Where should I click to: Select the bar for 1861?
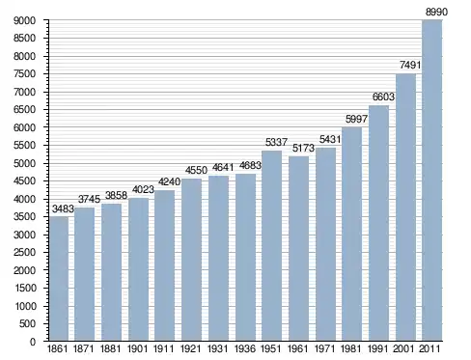tap(59, 279)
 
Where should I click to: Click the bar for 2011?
tap(432, 180)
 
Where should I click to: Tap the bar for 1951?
tap(271, 246)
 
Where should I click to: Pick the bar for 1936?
tap(245, 258)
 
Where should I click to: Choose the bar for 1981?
tap(351, 234)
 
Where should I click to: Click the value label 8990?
tap(436, 12)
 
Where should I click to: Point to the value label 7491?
tap(410, 65)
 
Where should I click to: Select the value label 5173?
tap(303, 148)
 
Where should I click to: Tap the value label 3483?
tap(63, 208)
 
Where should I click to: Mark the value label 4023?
tap(143, 190)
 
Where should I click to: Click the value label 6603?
tap(383, 97)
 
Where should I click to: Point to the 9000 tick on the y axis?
tap(24, 20)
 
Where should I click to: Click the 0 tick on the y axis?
tap(33, 342)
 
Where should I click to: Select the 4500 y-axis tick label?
tap(24, 181)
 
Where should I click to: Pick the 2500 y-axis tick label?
tap(24, 253)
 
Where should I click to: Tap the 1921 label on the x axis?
tap(191, 348)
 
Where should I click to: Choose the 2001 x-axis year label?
tap(403, 348)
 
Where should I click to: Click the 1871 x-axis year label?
tap(84, 348)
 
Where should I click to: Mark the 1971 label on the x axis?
tap(325, 348)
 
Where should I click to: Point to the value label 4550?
tap(196, 170)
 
